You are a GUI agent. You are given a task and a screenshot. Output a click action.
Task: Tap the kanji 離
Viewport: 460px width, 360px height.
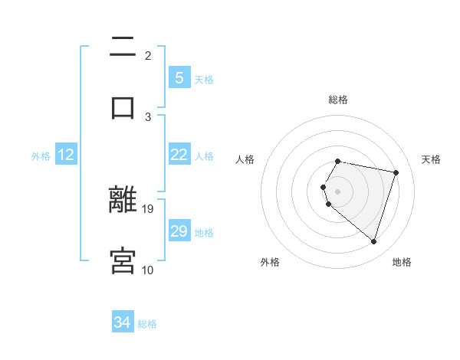pos(123,201)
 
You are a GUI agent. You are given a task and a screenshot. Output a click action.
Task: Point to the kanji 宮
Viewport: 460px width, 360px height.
pos(123,260)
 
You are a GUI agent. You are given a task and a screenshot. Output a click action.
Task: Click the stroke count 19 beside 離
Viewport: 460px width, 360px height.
pos(149,208)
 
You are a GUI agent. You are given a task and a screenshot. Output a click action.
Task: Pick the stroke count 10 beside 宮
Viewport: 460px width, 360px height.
pos(148,270)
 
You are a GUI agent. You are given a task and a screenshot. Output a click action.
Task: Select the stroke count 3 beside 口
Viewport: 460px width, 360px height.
pos(148,116)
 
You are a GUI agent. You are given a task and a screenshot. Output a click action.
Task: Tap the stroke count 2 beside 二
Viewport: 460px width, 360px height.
pos(148,55)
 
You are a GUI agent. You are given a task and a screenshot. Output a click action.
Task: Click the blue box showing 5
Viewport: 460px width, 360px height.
pos(179,77)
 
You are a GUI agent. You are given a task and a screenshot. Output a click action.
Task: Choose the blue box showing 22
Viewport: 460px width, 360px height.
pos(179,155)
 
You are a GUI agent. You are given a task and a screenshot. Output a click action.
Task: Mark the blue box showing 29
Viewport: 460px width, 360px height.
pos(179,231)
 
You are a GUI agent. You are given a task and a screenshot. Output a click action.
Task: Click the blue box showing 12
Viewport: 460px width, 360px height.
pos(65,155)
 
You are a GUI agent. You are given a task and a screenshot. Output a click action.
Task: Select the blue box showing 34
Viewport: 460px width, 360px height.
pos(123,322)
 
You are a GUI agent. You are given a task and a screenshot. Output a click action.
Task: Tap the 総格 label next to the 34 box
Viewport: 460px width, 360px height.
pos(147,324)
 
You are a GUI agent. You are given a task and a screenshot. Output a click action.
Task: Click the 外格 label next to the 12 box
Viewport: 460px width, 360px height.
pos(41,156)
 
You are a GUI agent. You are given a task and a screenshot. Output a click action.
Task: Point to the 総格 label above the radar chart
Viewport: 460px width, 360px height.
pos(338,100)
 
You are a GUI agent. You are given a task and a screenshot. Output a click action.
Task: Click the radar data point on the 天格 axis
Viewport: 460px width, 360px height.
pos(396,172)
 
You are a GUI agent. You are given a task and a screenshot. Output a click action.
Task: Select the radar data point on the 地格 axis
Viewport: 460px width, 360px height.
pos(373,241)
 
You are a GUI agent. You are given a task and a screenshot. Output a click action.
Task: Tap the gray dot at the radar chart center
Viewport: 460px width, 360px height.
pos(337,191)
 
